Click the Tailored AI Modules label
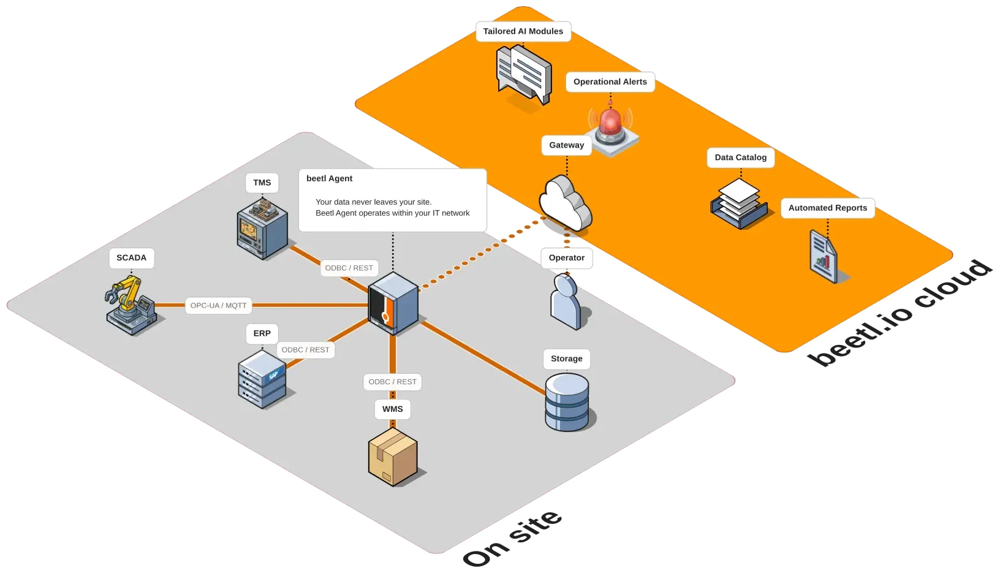(523, 31)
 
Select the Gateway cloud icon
(565, 203)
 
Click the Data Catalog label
(740, 157)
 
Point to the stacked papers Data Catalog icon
(738, 203)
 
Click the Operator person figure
(566, 302)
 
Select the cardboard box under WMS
(393, 457)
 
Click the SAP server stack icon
(262, 379)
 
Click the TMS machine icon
(262, 227)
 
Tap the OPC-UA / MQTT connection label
(218, 305)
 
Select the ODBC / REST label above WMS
(392, 382)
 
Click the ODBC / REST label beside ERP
(305, 350)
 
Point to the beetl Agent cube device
(393, 303)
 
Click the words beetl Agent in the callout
(329, 178)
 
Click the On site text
(512, 537)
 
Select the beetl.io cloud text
(900, 313)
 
